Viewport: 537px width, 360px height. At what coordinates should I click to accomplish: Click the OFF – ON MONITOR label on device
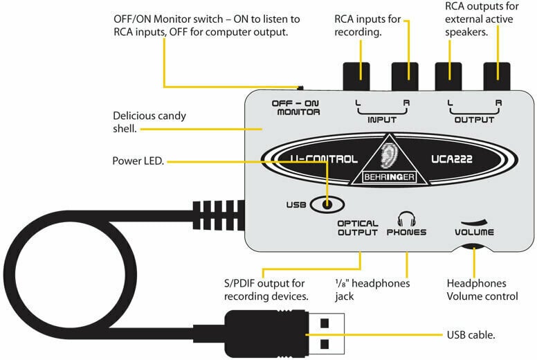tap(295, 107)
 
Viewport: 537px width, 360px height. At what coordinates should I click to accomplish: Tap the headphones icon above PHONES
tap(406, 218)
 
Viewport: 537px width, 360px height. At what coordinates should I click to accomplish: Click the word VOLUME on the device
tap(474, 233)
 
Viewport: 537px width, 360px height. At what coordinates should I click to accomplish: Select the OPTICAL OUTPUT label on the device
tap(357, 228)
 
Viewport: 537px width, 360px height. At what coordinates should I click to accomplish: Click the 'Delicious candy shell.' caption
tap(149, 122)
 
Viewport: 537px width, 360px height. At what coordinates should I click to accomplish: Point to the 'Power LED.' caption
tap(137, 161)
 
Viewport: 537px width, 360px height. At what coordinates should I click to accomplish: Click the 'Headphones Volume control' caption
tap(482, 290)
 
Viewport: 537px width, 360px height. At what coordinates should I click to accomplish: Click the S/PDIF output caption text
tap(265, 290)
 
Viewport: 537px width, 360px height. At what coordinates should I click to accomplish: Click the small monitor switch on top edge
tap(300, 88)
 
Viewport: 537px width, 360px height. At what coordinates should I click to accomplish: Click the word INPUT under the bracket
tap(381, 119)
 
